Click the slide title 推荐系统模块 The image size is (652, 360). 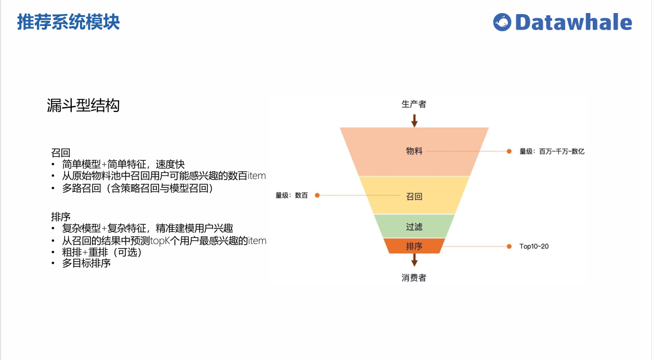[69, 22]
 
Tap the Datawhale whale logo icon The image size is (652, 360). [502, 22]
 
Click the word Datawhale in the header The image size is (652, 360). [573, 22]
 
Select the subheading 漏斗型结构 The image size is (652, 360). [83, 106]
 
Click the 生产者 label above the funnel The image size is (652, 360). [414, 104]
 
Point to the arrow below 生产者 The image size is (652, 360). [414, 121]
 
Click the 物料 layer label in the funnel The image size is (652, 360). [414, 151]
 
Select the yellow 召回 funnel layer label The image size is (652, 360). [414, 197]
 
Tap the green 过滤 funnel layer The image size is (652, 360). [414, 227]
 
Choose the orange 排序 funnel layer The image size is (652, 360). [414, 246]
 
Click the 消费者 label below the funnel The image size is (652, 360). [414, 278]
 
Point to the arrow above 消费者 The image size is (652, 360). [414, 260]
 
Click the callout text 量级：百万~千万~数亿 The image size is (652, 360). [552, 151]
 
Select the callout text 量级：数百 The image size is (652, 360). [291, 196]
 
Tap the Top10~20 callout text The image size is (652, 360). [534, 246]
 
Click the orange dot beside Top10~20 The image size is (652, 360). [510, 246]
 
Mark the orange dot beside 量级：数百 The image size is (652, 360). [317, 196]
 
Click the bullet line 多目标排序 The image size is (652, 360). [86, 263]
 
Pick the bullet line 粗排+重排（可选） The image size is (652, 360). [102, 252]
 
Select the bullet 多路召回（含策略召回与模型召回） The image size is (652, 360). [138, 188]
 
